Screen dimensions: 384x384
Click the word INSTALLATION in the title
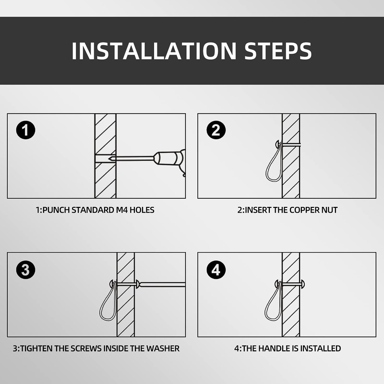[x=154, y=51]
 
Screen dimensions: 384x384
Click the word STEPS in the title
[x=278, y=51]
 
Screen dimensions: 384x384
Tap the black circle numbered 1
[x=26, y=130]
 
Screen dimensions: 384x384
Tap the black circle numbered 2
[x=216, y=130]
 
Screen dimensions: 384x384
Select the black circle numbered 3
[x=26, y=270]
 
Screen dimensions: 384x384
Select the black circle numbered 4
[x=216, y=270]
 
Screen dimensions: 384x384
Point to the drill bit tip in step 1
[x=109, y=158]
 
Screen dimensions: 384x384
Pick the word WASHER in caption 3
[x=163, y=348]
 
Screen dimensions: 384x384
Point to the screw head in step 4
[x=302, y=284]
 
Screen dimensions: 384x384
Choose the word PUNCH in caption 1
[x=56, y=210]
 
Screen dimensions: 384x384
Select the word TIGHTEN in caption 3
[x=36, y=348]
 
